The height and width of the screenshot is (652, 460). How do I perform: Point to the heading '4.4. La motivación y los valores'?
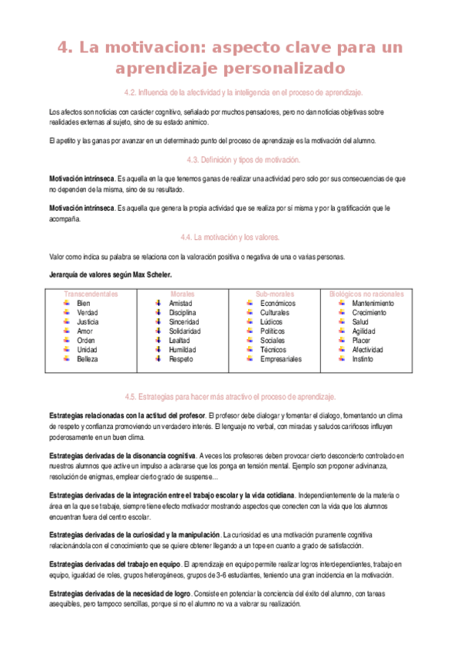click(230, 237)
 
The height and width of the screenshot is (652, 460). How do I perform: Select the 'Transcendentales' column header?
click(91, 294)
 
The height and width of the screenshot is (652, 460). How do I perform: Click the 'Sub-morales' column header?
click(274, 294)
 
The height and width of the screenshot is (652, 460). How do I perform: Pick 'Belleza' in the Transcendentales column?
click(88, 359)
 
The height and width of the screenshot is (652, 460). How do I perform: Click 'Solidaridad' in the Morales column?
click(185, 331)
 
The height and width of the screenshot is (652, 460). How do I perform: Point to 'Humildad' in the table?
click(183, 350)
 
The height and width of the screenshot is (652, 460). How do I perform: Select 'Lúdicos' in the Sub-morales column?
click(272, 322)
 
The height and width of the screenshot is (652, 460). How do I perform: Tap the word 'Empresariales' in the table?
click(280, 359)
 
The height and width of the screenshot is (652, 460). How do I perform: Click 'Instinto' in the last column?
click(364, 359)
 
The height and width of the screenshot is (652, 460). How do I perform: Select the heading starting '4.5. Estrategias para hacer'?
click(230, 397)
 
